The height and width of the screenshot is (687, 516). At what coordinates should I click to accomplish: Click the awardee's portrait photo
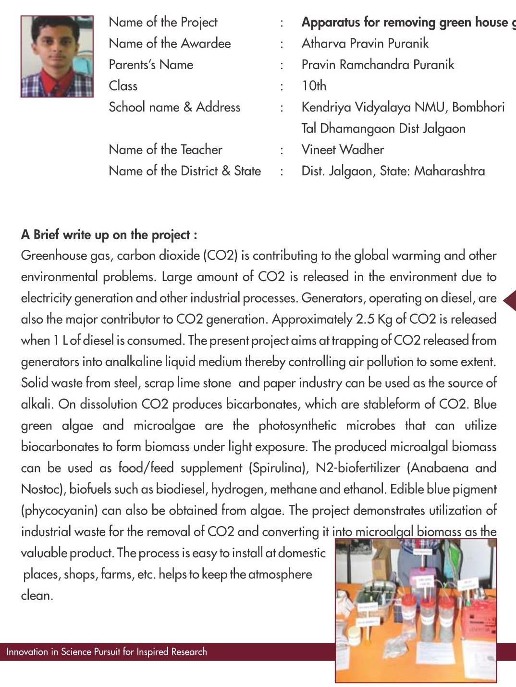pyautogui.click(x=57, y=56)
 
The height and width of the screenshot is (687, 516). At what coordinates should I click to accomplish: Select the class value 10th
pyautogui.click(x=314, y=86)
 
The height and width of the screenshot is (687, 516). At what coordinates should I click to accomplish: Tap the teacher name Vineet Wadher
pyautogui.click(x=343, y=149)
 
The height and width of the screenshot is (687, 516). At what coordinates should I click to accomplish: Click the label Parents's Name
pyautogui.click(x=151, y=65)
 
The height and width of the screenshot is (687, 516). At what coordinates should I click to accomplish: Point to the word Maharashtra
pyautogui.click(x=449, y=171)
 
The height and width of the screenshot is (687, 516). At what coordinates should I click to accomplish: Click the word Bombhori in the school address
pyautogui.click(x=478, y=107)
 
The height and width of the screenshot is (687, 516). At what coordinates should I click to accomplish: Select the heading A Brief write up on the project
pyautogui.click(x=109, y=235)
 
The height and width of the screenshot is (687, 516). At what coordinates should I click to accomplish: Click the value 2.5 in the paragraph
pyautogui.click(x=365, y=319)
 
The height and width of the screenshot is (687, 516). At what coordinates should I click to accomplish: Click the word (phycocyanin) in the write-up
pyautogui.click(x=59, y=510)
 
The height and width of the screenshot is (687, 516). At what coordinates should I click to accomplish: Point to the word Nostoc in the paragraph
pyautogui.click(x=43, y=489)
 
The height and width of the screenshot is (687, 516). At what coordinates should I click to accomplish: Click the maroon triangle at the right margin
pyautogui.click(x=510, y=301)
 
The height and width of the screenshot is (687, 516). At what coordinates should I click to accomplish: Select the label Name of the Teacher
pyautogui.click(x=165, y=149)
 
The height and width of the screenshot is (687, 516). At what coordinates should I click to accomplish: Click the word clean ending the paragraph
pyautogui.click(x=37, y=596)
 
